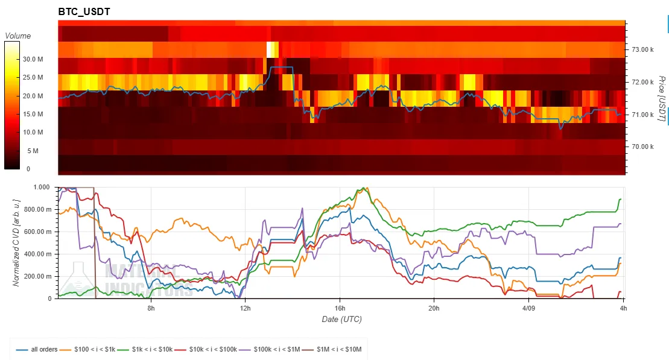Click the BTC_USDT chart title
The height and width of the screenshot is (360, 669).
coord(84,12)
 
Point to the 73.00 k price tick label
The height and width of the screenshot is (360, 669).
coord(643,49)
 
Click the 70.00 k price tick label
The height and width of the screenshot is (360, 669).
coord(643,147)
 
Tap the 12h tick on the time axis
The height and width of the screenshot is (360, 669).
coord(246,308)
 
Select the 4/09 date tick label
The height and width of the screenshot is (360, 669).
coord(528,308)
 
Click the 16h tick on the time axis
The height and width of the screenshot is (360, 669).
coord(339,308)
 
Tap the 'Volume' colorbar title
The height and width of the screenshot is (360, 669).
coord(17,36)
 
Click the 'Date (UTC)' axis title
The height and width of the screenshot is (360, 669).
coord(341,319)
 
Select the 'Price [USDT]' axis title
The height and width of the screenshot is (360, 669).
coord(661,99)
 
